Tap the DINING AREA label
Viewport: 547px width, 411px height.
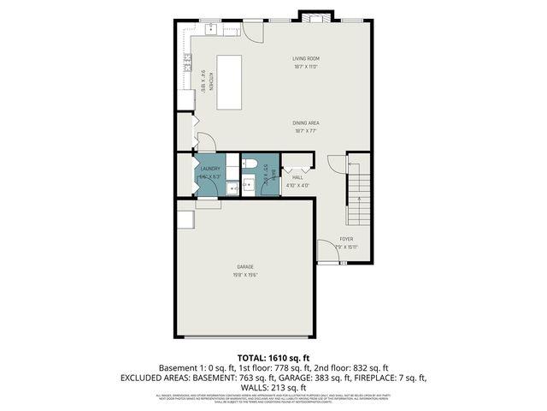(306, 123)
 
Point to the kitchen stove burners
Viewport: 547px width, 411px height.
(184, 62)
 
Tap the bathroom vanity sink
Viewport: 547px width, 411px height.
(248, 182)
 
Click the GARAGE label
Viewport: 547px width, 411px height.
(245, 267)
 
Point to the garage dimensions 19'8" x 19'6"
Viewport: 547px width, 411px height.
(245, 275)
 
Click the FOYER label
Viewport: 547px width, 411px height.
(346, 239)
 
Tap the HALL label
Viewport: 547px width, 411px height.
(297, 177)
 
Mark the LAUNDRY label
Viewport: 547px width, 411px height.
(210, 169)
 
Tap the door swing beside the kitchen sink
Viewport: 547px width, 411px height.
(253, 30)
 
